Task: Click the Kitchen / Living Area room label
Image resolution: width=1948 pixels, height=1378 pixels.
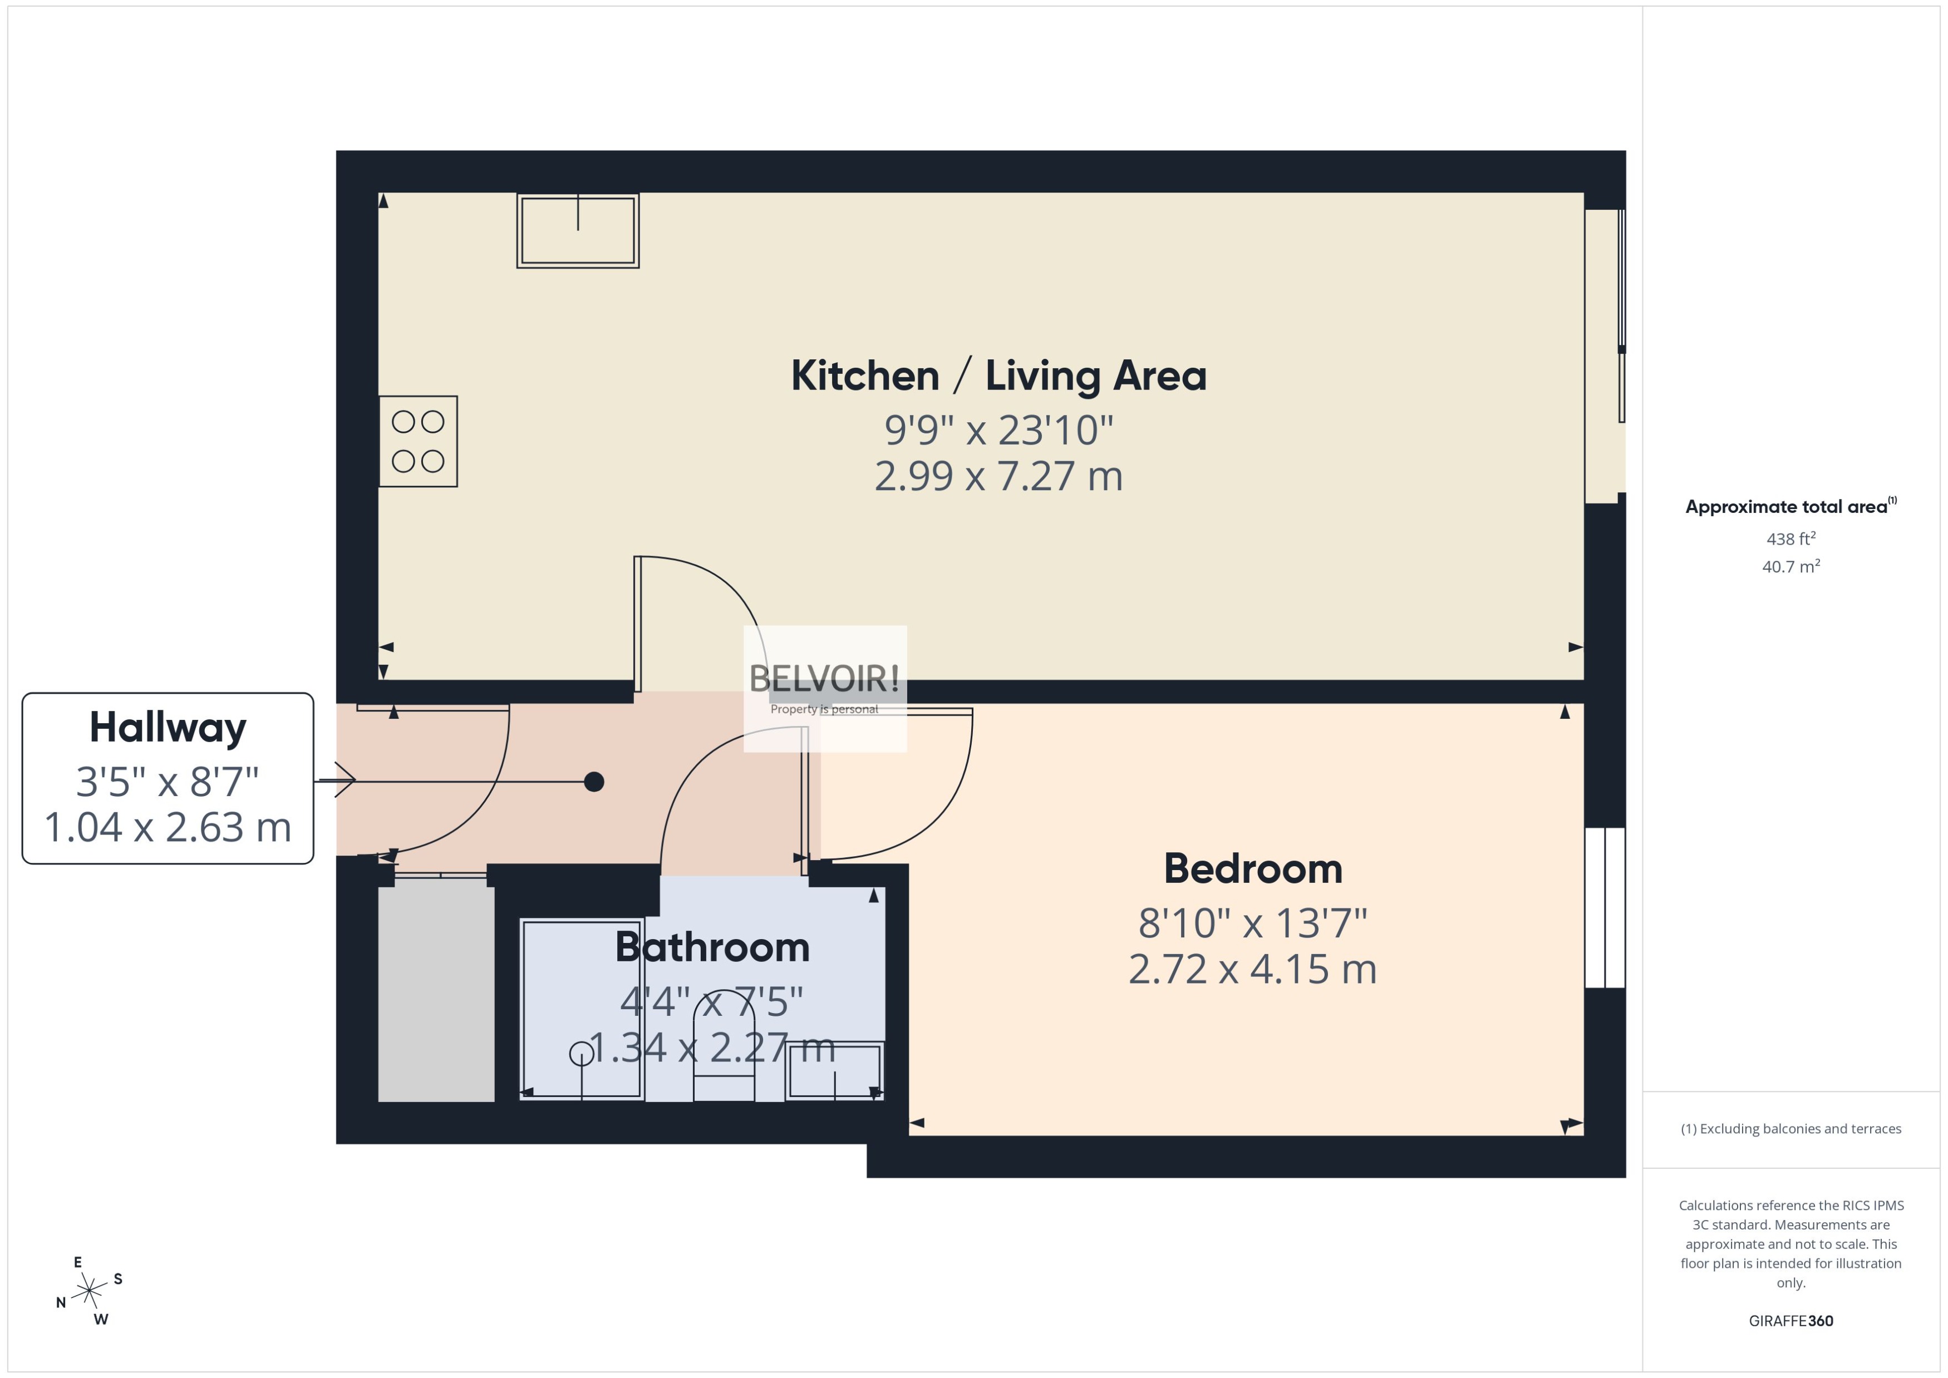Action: coord(998,376)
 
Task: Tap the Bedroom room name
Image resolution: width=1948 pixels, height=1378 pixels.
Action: coord(1253,869)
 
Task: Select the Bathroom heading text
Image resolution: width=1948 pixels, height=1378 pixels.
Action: coord(712,947)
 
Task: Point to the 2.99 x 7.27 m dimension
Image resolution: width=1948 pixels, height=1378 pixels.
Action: coord(998,476)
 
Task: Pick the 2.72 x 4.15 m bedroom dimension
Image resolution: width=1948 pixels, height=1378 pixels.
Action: coord(1253,969)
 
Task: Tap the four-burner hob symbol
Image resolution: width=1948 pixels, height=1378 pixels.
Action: coord(417,441)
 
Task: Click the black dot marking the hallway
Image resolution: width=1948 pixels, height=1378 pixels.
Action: coord(594,782)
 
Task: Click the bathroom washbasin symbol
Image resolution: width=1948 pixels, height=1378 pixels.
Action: coord(834,1071)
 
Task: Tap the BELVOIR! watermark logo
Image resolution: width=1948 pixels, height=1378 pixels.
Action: coord(824,679)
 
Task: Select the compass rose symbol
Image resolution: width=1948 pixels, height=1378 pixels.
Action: coord(89,1291)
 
